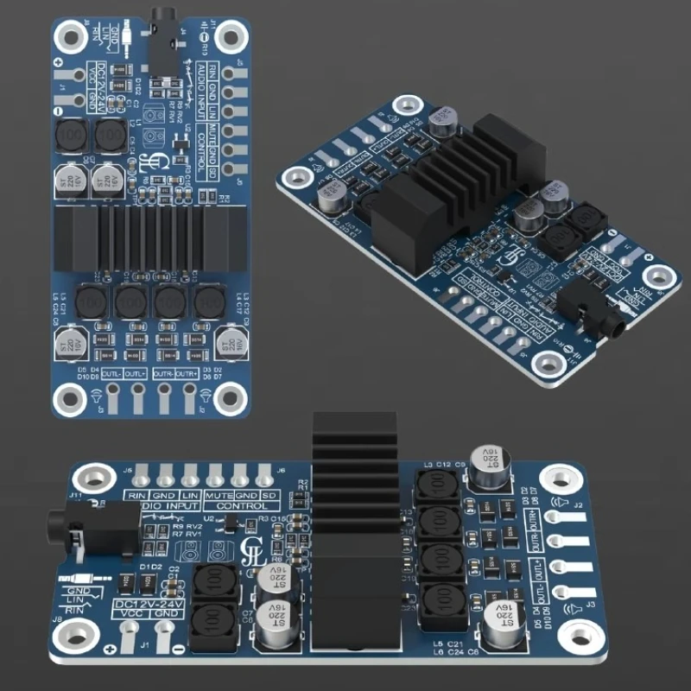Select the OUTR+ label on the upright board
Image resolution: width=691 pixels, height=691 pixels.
pyautogui.click(x=188, y=374)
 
